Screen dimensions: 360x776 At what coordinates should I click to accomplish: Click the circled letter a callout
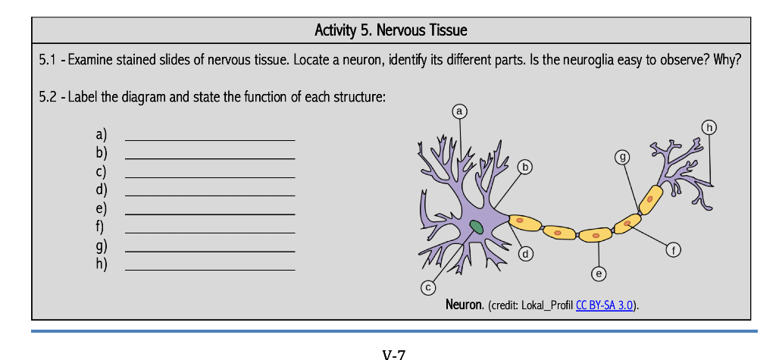[x=459, y=112]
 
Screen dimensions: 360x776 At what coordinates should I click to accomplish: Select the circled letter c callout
[x=429, y=286]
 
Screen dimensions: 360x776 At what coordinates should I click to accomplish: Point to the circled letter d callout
[x=524, y=254]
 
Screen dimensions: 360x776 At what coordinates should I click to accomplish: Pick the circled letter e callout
[x=599, y=272]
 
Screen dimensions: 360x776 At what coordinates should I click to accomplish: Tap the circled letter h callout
[x=709, y=126]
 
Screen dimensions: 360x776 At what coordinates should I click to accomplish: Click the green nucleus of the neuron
[x=476, y=227]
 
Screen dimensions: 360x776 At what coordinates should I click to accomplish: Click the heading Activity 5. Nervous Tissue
[x=391, y=30]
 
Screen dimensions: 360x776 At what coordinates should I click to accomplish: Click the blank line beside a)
[x=210, y=139]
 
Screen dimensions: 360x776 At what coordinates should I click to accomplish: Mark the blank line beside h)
[x=210, y=269]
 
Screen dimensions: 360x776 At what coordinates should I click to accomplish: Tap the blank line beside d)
[x=210, y=195]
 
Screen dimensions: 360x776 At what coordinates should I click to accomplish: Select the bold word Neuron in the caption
[x=465, y=305]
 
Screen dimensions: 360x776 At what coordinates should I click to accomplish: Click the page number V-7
[x=394, y=354]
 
